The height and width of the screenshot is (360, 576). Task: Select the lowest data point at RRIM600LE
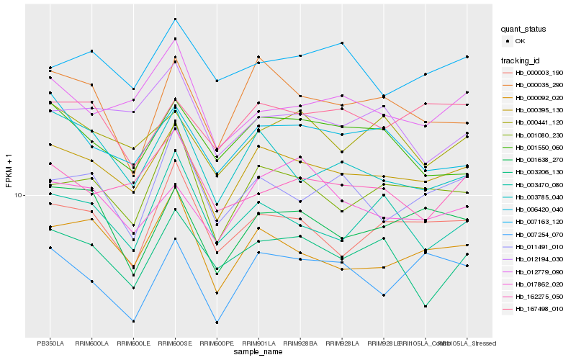click(x=133, y=321)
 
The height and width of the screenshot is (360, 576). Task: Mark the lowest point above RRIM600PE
click(x=217, y=323)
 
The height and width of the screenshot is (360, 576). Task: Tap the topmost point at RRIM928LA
click(x=342, y=43)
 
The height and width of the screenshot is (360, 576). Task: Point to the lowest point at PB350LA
click(x=50, y=248)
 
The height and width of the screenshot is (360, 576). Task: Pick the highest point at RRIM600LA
click(x=91, y=51)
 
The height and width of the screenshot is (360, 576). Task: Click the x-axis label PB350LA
click(x=50, y=343)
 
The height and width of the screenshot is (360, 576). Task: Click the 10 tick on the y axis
click(x=19, y=195)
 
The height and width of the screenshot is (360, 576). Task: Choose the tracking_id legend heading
click(x=522, y=60)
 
